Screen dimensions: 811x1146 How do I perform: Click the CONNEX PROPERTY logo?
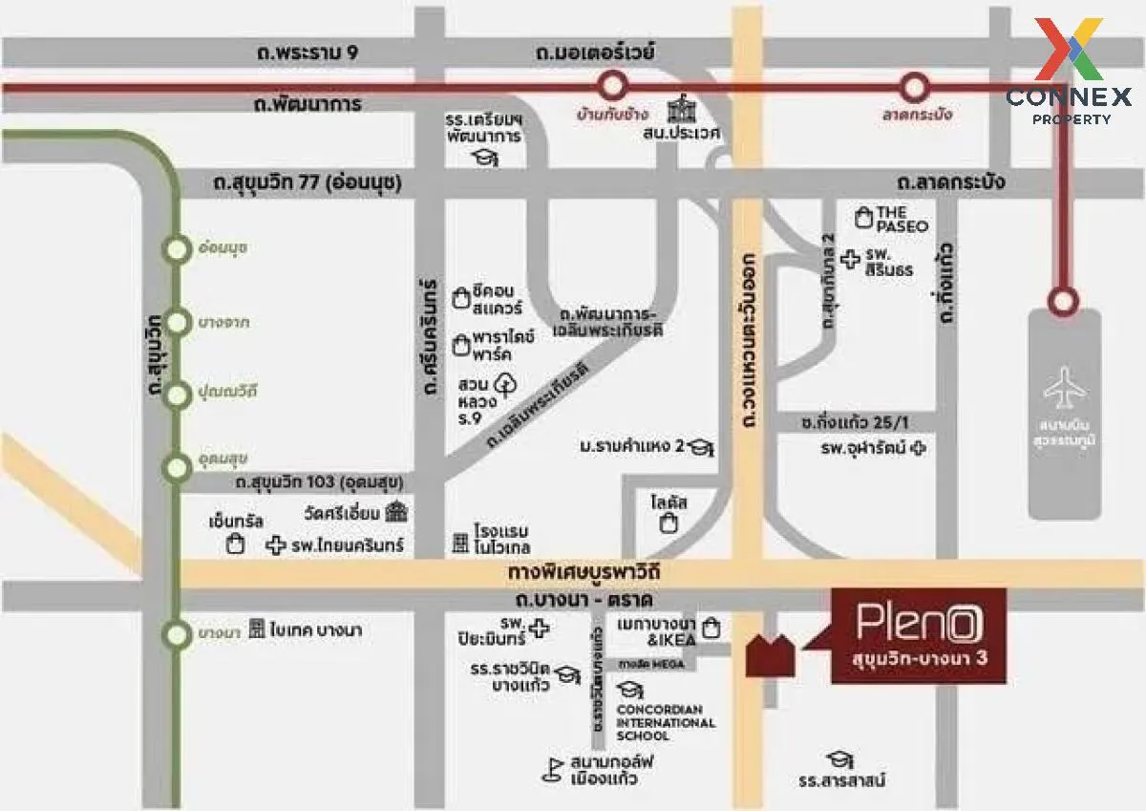click(x=1069, y=72)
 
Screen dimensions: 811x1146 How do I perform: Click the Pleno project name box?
click(x=919, y=635)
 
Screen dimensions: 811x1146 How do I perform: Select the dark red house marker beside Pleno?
click(x=770, y=655)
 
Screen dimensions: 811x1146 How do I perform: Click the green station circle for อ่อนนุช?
click(x=177, y=250)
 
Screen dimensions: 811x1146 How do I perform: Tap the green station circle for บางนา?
click(x=177, y=634)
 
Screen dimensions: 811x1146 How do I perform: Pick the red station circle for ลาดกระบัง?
click(x=916, y=88)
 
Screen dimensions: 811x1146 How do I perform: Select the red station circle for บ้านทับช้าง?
click(x=610, y=88)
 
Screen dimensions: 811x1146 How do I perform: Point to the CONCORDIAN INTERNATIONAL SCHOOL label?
click(x=666, y=722)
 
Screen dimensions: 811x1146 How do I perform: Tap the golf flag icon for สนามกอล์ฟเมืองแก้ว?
click(x=551, y=769)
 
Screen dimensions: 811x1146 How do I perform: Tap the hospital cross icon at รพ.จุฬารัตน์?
click(x=919, y=447)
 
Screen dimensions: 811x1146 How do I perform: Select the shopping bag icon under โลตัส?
click(x=670, y=523)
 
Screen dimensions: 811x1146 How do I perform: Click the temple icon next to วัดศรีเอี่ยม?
click(x=396, y=512)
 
